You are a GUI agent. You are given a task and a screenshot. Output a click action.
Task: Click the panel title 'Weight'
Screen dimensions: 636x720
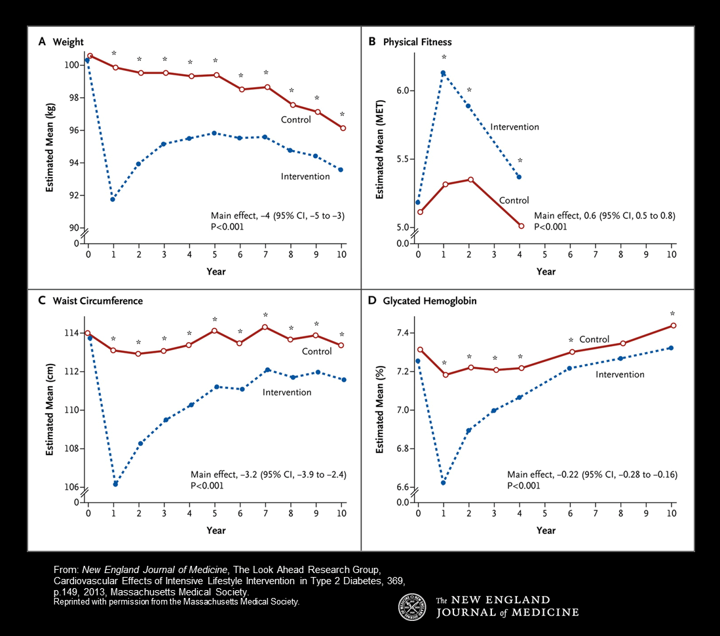click(x=68, y=42)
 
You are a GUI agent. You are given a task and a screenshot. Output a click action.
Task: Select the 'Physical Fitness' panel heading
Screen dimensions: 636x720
click(x=417, y=42)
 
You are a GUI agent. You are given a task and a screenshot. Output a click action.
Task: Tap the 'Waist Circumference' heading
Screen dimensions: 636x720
click(x=98, y=301)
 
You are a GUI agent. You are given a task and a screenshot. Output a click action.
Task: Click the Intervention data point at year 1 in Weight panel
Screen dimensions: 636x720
click(x=113, y=199)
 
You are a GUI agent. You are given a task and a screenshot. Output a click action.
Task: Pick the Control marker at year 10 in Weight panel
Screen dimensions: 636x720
click(x=343, y=128)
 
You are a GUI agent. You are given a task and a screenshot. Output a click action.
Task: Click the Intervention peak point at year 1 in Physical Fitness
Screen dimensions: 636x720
click(x=444, y=73)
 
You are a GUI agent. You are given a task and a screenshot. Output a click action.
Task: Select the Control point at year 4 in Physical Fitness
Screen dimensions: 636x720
click(x=521, y=226)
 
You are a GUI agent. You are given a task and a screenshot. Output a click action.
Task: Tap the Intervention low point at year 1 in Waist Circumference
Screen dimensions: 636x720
click(x=115, y=484)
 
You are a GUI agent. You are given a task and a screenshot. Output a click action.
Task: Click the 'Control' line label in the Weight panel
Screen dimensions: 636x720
click(x=296, y=119)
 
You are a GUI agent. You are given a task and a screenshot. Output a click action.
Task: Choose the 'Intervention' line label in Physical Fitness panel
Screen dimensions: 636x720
click(x=514, y=127)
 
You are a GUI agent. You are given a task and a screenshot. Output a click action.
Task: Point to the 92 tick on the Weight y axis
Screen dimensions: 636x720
click(x=72, y=195)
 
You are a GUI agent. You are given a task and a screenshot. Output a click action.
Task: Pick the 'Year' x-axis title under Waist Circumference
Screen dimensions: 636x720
click(x=216, y=530)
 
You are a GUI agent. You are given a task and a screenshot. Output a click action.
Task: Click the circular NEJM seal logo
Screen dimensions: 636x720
click(x=412, y=606)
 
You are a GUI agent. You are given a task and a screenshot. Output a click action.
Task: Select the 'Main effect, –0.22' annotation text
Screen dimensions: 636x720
click(x=592, y=474)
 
